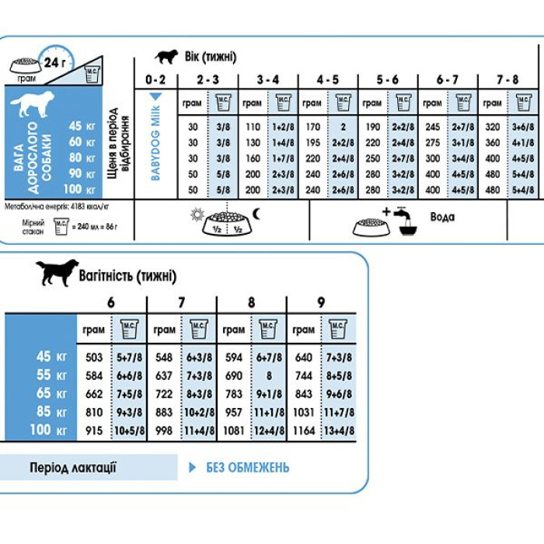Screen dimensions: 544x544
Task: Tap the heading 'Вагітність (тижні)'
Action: pos(127,276)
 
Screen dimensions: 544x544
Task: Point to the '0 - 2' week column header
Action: pos(155,79)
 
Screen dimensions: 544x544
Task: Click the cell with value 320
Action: pos(493,127)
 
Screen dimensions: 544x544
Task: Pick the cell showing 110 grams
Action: pos(252,127)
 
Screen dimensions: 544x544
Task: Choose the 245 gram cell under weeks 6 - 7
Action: pos(433,127)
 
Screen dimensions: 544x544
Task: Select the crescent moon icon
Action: pos(257,213)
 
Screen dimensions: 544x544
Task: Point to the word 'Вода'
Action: pos(442,218)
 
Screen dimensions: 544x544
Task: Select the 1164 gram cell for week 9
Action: pos(304,430)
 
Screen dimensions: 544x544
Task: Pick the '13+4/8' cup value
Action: pos(338,430)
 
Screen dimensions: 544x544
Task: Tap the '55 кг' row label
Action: pos(53,375)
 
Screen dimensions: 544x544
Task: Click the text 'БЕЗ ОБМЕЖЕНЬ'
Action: pos(247,467)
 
